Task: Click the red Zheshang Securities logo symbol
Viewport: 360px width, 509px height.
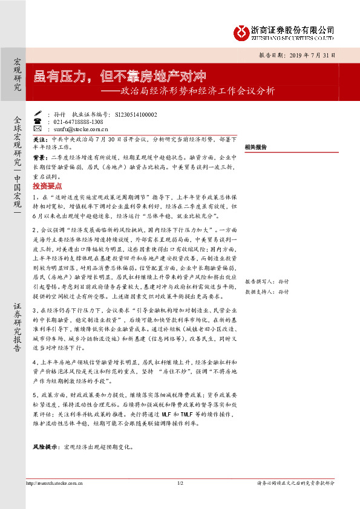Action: click(x=241, y=31)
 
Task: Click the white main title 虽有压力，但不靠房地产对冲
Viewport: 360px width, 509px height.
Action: click(x=120, y=76)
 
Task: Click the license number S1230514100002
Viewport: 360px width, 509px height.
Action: click(x=131, y=114)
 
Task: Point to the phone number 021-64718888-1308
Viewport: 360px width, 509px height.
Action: click(x=79, y=122)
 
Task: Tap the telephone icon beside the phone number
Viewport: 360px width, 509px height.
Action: click(x=38, y=122)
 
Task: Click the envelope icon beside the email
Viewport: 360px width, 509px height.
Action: click(x=38, y=129)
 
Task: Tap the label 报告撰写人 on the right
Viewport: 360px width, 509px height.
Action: click(x=257, y=282)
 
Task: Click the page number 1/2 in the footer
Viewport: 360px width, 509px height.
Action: click(x=180, y=500)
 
